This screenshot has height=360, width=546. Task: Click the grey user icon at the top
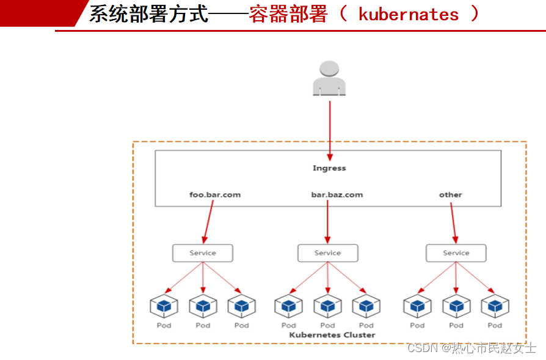[x=329, y=78]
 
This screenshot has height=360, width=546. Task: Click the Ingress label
[x=329, y=168]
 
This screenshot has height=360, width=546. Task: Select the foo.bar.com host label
[x=215, y=195]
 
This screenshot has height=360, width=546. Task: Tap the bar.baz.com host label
[x=337, y=195]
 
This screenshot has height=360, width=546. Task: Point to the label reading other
[x=451, y=195]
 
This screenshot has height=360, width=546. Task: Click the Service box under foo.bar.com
[x=203, y=253]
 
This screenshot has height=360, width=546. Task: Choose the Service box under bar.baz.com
[x=328, y=253]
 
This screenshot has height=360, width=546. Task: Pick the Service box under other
[x=456, y=253]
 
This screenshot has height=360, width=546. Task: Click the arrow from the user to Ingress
[x=330, y=128]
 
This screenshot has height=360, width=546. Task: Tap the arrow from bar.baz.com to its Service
[x=328, y=220]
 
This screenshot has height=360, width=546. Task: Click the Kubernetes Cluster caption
[x=332, y=335]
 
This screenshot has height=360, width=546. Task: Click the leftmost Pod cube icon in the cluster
[x=164, y=305]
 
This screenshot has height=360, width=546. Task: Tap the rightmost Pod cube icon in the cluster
[x=495, y=305]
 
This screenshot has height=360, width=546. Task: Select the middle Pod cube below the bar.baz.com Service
[x=328, y=305]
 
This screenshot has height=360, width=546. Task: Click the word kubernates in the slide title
[x=408, y=15]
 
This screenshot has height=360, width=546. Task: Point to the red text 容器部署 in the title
[x=288, y=15]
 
